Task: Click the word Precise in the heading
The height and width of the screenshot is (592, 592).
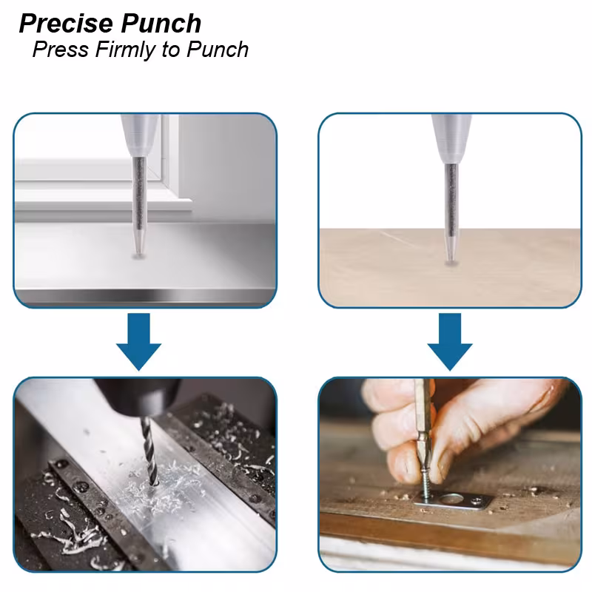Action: (66, 24)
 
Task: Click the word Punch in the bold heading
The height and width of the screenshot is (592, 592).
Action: (161, 24)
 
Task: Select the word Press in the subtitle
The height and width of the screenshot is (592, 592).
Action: (61, 50)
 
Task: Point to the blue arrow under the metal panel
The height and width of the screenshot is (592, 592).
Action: (138, 342)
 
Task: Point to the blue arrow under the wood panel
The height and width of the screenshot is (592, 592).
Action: (450, 342)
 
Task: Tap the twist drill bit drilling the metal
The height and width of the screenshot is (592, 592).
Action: (149, 451)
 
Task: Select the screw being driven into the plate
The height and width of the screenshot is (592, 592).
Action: (425, 485)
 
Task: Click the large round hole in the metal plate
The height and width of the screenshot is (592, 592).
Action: (452, 499)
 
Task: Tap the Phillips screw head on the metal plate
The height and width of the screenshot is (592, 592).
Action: (477, 501)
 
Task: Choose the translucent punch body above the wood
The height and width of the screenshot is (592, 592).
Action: (451, 138)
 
